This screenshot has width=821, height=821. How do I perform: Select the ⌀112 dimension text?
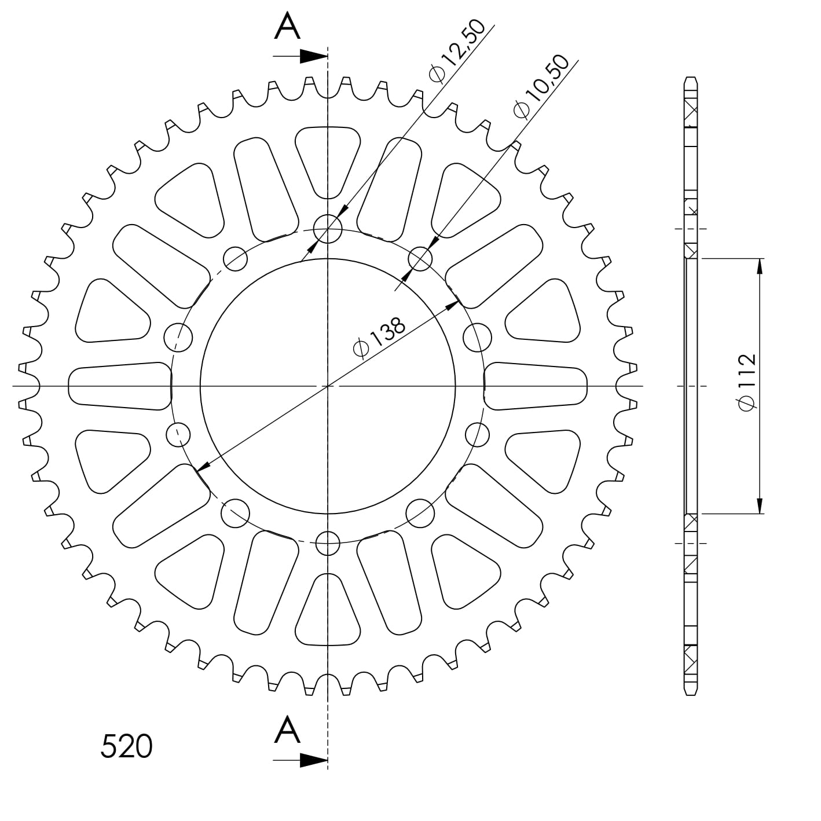(x=746, y=383)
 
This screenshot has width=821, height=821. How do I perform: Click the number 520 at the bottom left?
(x=126, y=746)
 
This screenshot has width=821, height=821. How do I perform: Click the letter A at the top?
(x=287, y=27)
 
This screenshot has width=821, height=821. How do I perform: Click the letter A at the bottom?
(x=287, y=730)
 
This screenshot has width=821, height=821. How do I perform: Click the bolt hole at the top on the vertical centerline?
(x=328, y=229)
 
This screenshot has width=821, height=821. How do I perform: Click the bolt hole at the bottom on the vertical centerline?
(x=328, y=543)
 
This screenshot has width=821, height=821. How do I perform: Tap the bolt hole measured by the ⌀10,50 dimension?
(x=421, y=259)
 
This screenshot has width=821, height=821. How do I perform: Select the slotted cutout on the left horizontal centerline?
(x=120, y=386)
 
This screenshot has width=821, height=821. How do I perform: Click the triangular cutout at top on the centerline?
(x=328, y=159)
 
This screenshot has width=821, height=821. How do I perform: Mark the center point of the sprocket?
(x=328, y=386)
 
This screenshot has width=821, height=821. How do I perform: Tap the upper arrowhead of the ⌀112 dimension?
(x=759, y=266)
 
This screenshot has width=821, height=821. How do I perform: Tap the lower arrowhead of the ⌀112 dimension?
(x=759, y=505)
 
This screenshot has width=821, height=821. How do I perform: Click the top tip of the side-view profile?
(x=690, y=78)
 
